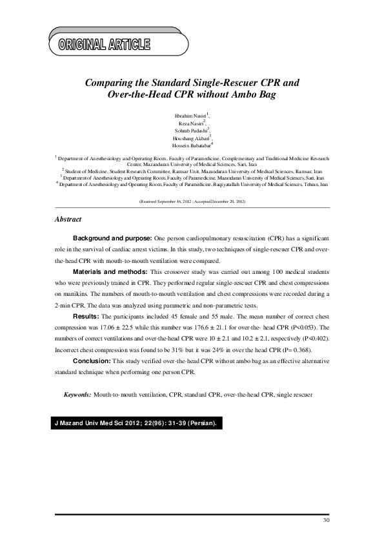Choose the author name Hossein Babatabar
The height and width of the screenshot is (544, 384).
192,146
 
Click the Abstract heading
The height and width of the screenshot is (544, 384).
68,219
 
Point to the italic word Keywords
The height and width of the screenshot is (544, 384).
77,393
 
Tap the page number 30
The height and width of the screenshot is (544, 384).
325,520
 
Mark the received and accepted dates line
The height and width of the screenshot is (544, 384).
192,202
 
